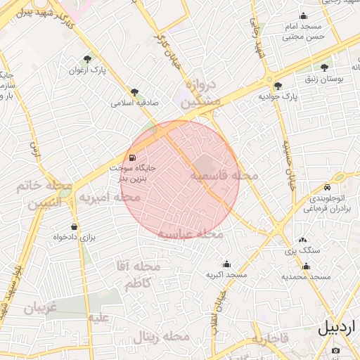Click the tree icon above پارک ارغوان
(87, 58)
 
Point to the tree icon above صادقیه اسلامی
(134, 91)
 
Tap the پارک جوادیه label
(278, 96)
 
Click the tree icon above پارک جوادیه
(278, 86)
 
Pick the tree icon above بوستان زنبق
(324, 68)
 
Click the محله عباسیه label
(189, 233)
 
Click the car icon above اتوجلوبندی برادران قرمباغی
(328, 187)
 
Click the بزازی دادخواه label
(73, 238)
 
